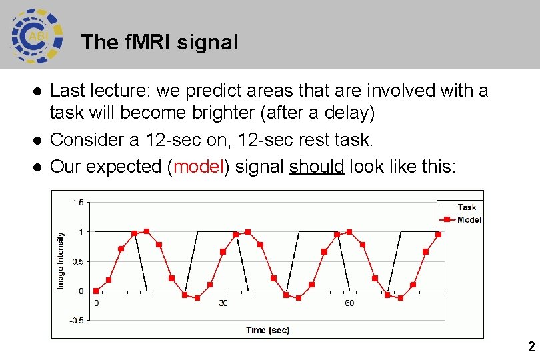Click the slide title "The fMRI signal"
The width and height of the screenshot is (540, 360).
point(159,43)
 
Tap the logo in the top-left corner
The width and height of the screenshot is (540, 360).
point(37,35)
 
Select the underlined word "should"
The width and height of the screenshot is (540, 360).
point(317,167)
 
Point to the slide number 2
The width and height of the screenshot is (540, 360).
point(531,347)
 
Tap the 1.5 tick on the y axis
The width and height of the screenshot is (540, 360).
point(79,202)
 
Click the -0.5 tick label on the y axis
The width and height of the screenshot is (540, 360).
point(77,321)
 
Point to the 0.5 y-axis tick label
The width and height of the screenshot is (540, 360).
point(79,261)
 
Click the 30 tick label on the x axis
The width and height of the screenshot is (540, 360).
point(223,303)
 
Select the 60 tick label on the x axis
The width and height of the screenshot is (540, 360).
point(349,303)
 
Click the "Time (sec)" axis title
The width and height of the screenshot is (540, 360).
point(267,330)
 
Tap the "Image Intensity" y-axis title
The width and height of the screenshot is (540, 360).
point(61,261)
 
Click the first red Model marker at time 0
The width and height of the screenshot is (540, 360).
point(96,291)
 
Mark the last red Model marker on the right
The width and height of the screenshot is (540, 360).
point(438,235)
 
